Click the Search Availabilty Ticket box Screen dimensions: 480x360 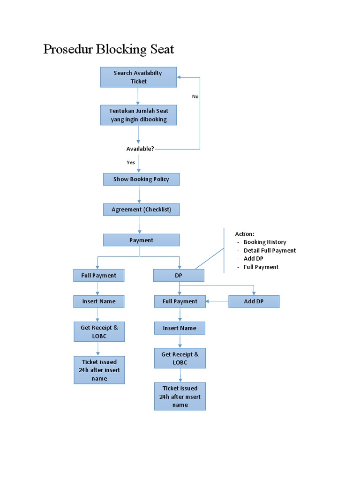point(138,77)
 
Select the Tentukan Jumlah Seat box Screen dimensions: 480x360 point(138,115)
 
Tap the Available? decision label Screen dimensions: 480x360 point(140,149)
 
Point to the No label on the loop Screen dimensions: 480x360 point(195,96)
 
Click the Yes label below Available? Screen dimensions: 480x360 point(131,162)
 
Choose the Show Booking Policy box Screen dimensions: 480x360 point(141,179)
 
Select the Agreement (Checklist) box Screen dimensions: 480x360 point(141,209)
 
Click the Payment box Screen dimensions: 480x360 point(141,240)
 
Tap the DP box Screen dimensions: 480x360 point(179,276)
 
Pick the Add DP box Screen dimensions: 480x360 point(254,301)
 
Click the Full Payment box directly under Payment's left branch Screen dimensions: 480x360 point(98,276)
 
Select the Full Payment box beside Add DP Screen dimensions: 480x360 point(180,301)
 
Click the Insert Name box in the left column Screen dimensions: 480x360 point(98,301)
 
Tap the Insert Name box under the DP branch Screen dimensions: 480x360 point(180,328)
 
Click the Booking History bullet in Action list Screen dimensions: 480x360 point(264,242)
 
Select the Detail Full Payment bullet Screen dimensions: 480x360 point(270,250)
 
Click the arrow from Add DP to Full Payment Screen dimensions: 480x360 point(217,301)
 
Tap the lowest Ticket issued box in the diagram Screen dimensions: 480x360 point(180,397)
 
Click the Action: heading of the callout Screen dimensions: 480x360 point(245,233)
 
